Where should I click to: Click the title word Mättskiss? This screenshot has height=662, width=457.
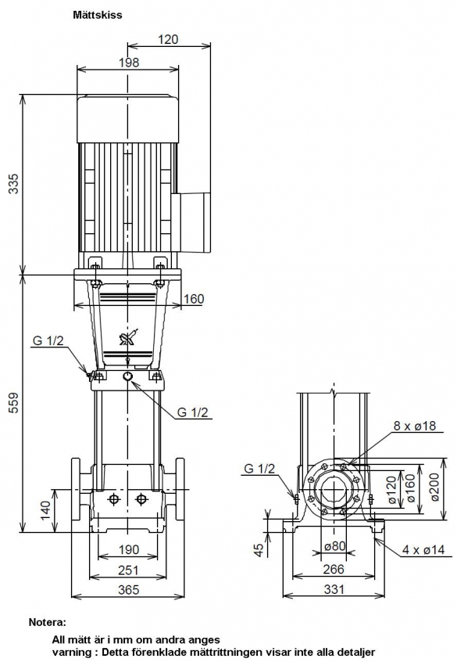click(x=98, y=15)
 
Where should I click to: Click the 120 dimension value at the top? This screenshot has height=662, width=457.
click(x=168, y=39)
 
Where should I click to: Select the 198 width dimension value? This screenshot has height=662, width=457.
click(x=129, y=63)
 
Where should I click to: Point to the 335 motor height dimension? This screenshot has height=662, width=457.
click(x=15, y=183)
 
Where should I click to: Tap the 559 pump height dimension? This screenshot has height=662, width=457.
click(x=15, y=402)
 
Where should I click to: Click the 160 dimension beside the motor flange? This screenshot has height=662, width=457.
click(x=194, y=299)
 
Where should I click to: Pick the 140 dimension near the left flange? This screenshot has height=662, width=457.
click(x=45, y=509)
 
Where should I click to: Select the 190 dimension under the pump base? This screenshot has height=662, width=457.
click(x=128, y=549)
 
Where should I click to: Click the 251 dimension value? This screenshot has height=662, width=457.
click(x=128, y=570)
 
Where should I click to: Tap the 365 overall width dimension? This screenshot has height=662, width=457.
click(x=128, y=589)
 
